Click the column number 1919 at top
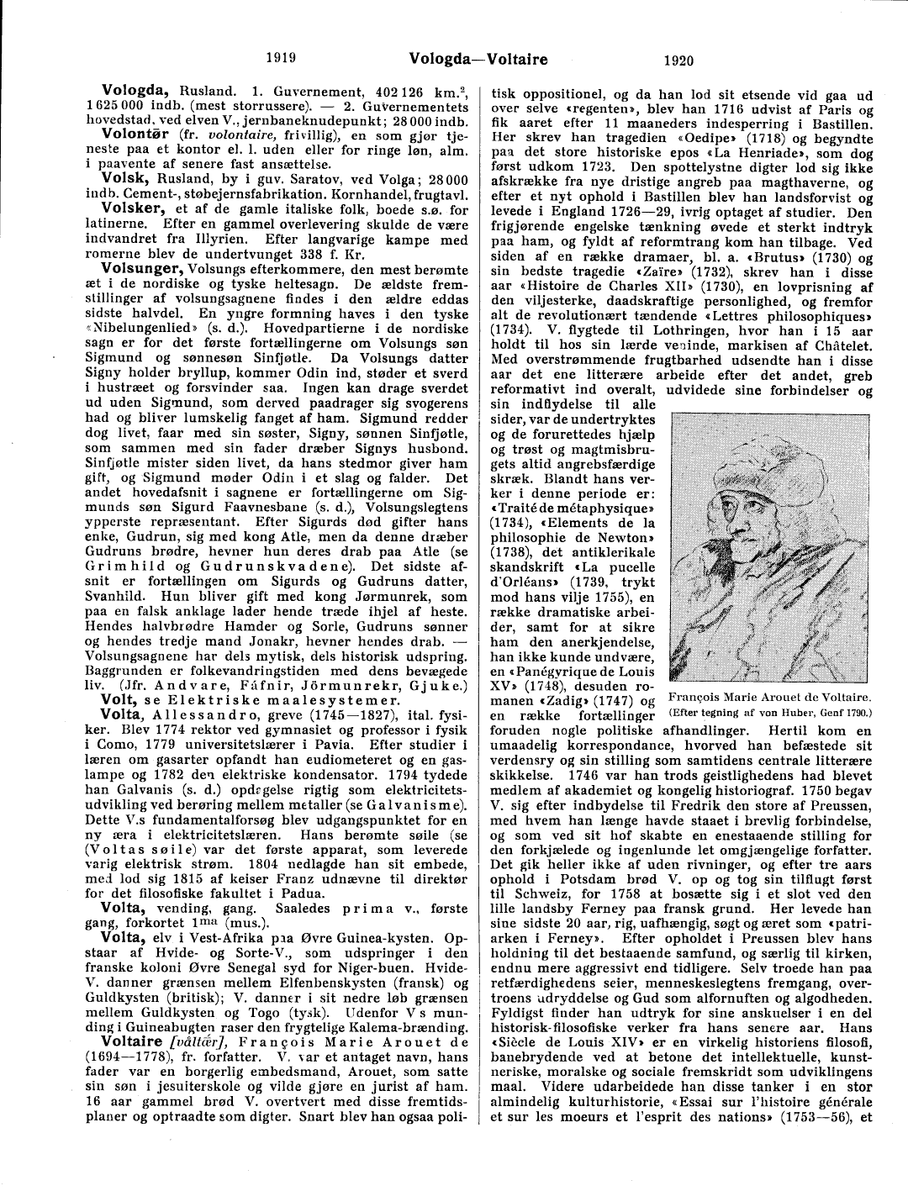tap(281, 59)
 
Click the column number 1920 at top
tap(678, 60)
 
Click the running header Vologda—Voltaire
tap(478, 59)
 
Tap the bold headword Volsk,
tap(123, 178)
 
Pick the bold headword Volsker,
tap(134, 208)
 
